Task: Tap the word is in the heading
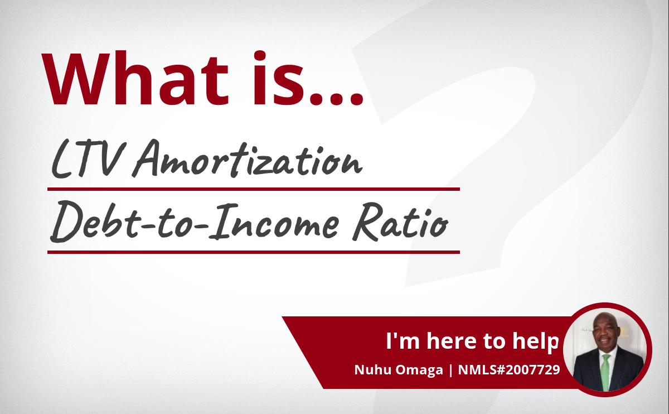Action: point(279,78)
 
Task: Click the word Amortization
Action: point(248,158)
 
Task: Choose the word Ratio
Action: point(400,222)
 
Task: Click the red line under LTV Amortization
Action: point(254,189)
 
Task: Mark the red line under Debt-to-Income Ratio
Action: point(254,252)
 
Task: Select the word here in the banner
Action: point(451,341)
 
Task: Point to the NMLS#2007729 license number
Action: point(509,370)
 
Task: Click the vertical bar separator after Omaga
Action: point(450,370)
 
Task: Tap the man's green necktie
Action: point(605,373)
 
